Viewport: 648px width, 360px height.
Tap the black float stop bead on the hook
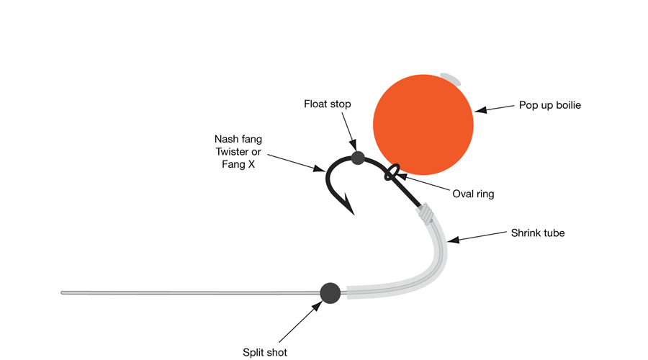(x=358, y=158)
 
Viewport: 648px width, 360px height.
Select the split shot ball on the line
(x=330, y=292)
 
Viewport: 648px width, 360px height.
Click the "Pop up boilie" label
(x=549, y=105)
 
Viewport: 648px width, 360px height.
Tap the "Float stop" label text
(x=327, y=104)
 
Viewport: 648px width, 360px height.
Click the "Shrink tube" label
(x=537, y=233)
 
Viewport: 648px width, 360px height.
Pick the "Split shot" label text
(x=265, y=352)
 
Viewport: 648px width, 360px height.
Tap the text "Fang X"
(x=238, y=166)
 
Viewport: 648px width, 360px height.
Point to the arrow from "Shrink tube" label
(x=475, y=236)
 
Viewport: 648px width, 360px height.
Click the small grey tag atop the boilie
(x=451, y=77)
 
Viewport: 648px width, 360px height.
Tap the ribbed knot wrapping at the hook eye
(x=426, y=212)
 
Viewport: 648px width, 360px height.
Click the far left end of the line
(x=63, y=292)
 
